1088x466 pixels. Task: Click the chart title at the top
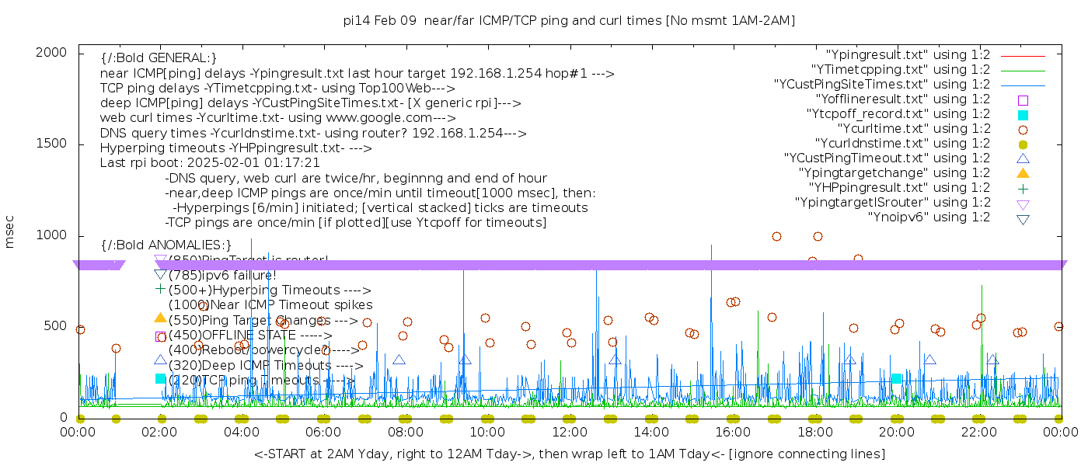(x=569, y=20)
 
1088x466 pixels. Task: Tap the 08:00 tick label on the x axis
(x=405, y=432)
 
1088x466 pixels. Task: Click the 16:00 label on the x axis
(x=732, y=432)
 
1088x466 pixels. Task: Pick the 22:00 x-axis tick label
(x=978, y=432)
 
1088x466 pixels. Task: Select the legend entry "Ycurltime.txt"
(x=914, y=129)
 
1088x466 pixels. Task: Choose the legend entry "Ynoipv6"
(x=929, y=217)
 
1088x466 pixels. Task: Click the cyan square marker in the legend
(x=1023, y=115)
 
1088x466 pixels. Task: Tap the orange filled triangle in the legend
(x=1023, y=173)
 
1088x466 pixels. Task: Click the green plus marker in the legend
(x=1023, y=188)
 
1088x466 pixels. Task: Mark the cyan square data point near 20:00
(x=896, y=378)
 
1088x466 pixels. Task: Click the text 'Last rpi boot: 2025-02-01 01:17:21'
(x=210, y=163)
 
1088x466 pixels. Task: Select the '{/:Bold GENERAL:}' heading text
(x=159, y=58)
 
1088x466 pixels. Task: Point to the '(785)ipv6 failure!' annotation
(x=222, y=275)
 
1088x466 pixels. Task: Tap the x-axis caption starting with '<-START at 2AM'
(x=569, y=454)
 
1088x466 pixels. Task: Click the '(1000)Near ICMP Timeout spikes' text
(x=270, y=305)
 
